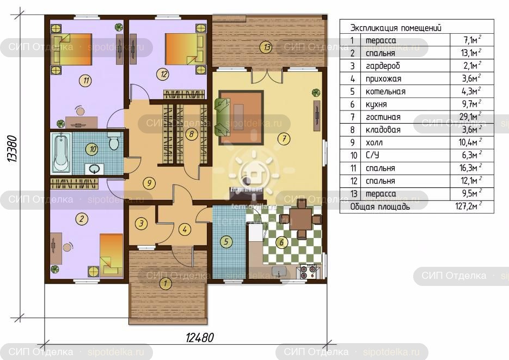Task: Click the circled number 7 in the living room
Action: tap(284, 139)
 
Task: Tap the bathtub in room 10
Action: tap(62, 152)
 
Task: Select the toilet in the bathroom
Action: tap(114, 141)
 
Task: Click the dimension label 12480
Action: tap(200, 338)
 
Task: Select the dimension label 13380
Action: tap(13, 149)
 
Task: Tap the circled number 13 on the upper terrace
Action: tap(266, 47)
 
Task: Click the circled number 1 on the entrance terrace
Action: tap(165, 283)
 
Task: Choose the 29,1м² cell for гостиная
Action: tap(470, 117)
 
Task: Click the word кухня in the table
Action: tap(376, 104)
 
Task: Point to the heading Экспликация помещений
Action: tap(396, 28)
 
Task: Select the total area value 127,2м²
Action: tap(468, 206)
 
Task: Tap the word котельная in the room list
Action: tap(385, 91)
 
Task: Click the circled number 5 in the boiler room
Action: tap(226, 241)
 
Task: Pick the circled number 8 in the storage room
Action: tap(191, 134)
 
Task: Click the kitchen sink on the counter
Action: tap(279, 271)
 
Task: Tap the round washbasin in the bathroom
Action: tap(95, 169)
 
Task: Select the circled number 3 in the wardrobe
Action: tap(141, 223)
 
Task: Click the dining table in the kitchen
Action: tap(301, 219)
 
